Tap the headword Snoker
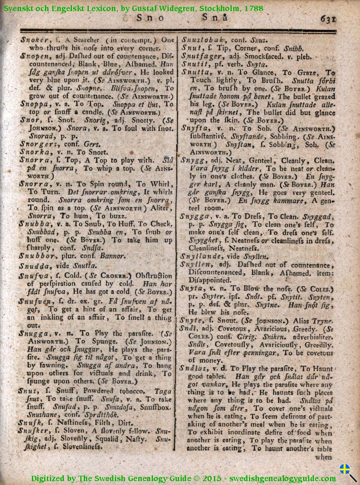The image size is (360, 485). pyautogui.click(x=33, y=40)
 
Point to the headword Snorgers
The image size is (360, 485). pyautogui.click(x=37, y=144)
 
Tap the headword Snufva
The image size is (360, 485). pyautogui.click(x=33, y=275)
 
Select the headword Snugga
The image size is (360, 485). pyautogui.click(x=33, y=334)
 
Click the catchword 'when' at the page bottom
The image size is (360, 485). pyautogui.click(x=324, y=457)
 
